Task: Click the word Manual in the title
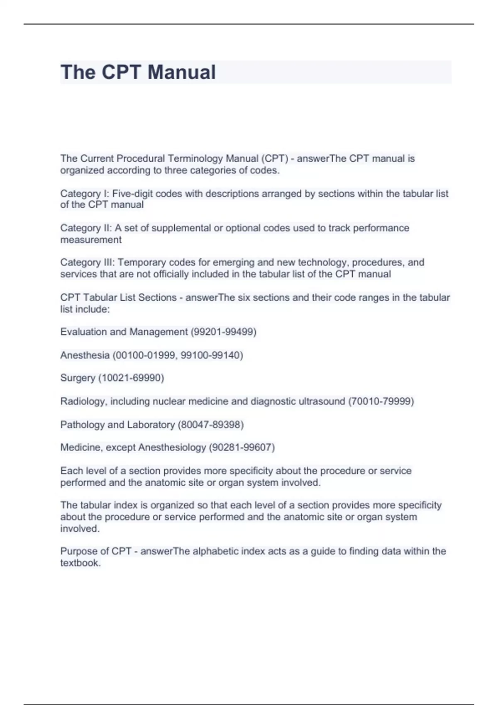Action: [x=181, y=72]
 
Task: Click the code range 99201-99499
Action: [x=223, y=332]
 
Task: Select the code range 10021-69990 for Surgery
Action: [x=131, y=378]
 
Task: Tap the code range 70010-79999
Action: [x=381, y=401]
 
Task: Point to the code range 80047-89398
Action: [x=210, y=425]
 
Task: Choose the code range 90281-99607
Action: [x=242, y=447]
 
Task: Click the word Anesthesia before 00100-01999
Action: [x=85, y=355]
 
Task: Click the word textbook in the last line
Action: [x=80, y=563]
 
